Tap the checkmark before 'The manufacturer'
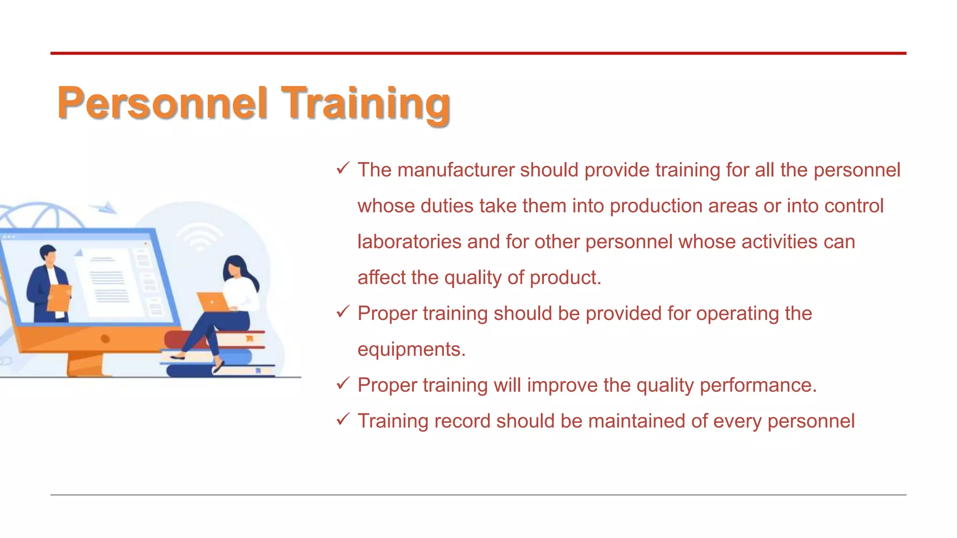343,168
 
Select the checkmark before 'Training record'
343,419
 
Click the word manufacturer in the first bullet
456,170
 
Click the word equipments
411,350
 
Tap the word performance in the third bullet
757,385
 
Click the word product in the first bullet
564,278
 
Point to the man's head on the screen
48,255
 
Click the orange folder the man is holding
59,297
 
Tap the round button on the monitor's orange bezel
105,339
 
